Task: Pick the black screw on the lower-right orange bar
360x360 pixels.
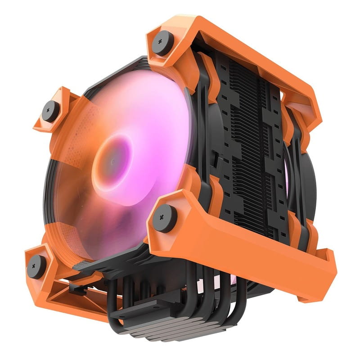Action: [x=162, y=217]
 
